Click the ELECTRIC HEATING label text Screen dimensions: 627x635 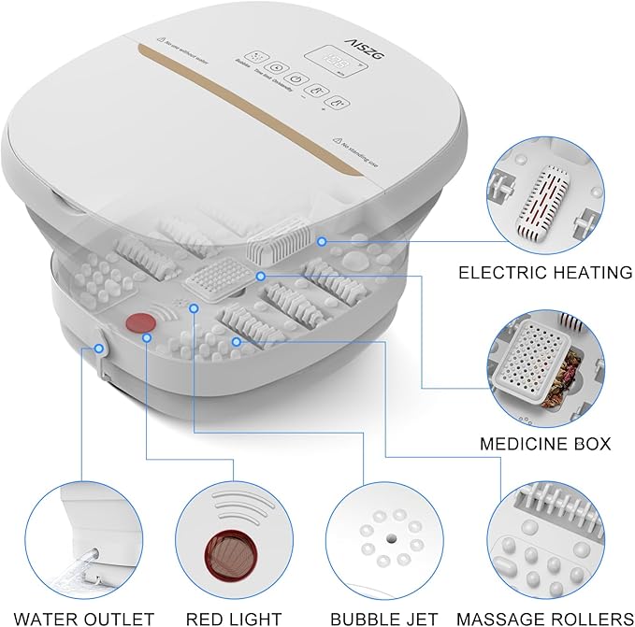point(544,273)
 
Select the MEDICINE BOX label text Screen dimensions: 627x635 point(544,443)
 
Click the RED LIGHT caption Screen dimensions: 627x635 point(234,618)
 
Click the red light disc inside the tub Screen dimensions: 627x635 point(140,323)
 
